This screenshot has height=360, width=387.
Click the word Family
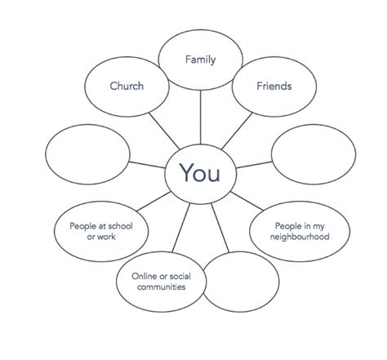tap(200, 60)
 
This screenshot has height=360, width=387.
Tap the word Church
tap(127, 86)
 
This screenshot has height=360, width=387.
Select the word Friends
tap(274, 86)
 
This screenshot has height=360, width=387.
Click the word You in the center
tap(200, 173)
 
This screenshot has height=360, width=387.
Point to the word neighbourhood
tap(300, 237)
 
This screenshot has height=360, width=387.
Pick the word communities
tap(162, 287)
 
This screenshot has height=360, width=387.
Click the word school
tap(119, 226)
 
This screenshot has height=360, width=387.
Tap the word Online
tap(145, 276)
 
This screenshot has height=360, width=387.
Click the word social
tap(180, 276)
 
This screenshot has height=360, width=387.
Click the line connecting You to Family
tap(200, 117)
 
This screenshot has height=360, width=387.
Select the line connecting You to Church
tap(164, 131)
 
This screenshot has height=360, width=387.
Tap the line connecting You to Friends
tap(237, 131)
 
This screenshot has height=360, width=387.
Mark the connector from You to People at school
tap(153, 202)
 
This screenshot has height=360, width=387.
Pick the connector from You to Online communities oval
tap(181, 228)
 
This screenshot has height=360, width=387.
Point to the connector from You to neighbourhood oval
tap(247, 201)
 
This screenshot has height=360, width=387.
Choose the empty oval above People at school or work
tap(46, 154)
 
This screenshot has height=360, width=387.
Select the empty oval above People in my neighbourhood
tap(271, 154)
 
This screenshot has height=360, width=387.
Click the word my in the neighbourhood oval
tap(318, 226)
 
